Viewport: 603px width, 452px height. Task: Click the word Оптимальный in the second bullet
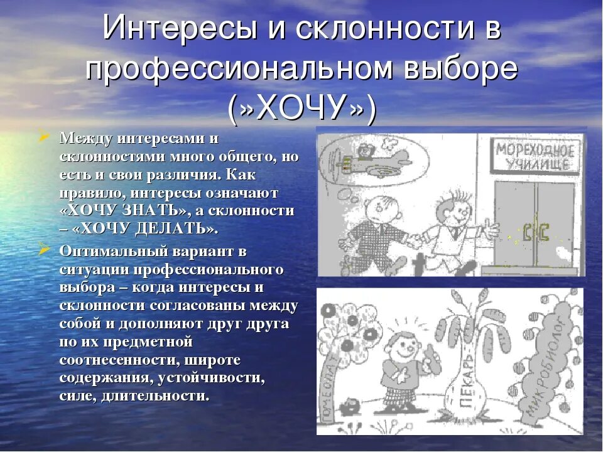coord(104,251)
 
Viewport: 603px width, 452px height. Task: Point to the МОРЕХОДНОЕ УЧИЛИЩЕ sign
coord(535,156)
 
